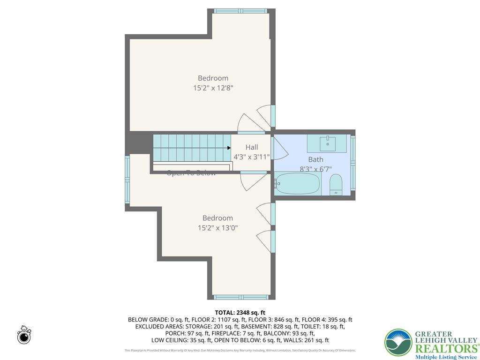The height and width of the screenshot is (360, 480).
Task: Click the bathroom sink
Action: point(327,143)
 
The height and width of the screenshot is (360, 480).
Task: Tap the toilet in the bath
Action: point(336,185)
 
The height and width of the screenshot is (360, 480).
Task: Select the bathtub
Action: point(298,184)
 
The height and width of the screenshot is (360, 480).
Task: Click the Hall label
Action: point(252,147)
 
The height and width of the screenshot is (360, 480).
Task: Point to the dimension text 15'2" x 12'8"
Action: point(213,88)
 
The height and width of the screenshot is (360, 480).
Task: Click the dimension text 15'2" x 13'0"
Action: point(218,228)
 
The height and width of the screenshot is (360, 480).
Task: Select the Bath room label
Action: point(315,159)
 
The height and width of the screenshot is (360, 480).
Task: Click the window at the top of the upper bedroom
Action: point(240,11)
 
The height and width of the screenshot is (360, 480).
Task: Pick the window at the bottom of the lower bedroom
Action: point(241,297)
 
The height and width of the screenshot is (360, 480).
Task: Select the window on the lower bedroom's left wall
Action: point(127,181)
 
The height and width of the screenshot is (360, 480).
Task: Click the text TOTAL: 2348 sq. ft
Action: point(240,313)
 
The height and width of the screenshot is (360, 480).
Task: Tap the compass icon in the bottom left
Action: point(24,336)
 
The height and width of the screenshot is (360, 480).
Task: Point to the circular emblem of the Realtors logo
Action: point(398,342)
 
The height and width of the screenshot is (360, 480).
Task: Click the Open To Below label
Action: point(191,173)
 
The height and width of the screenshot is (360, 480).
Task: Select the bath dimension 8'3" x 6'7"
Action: point(315,169)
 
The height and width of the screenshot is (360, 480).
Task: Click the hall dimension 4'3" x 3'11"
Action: point(252,157)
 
